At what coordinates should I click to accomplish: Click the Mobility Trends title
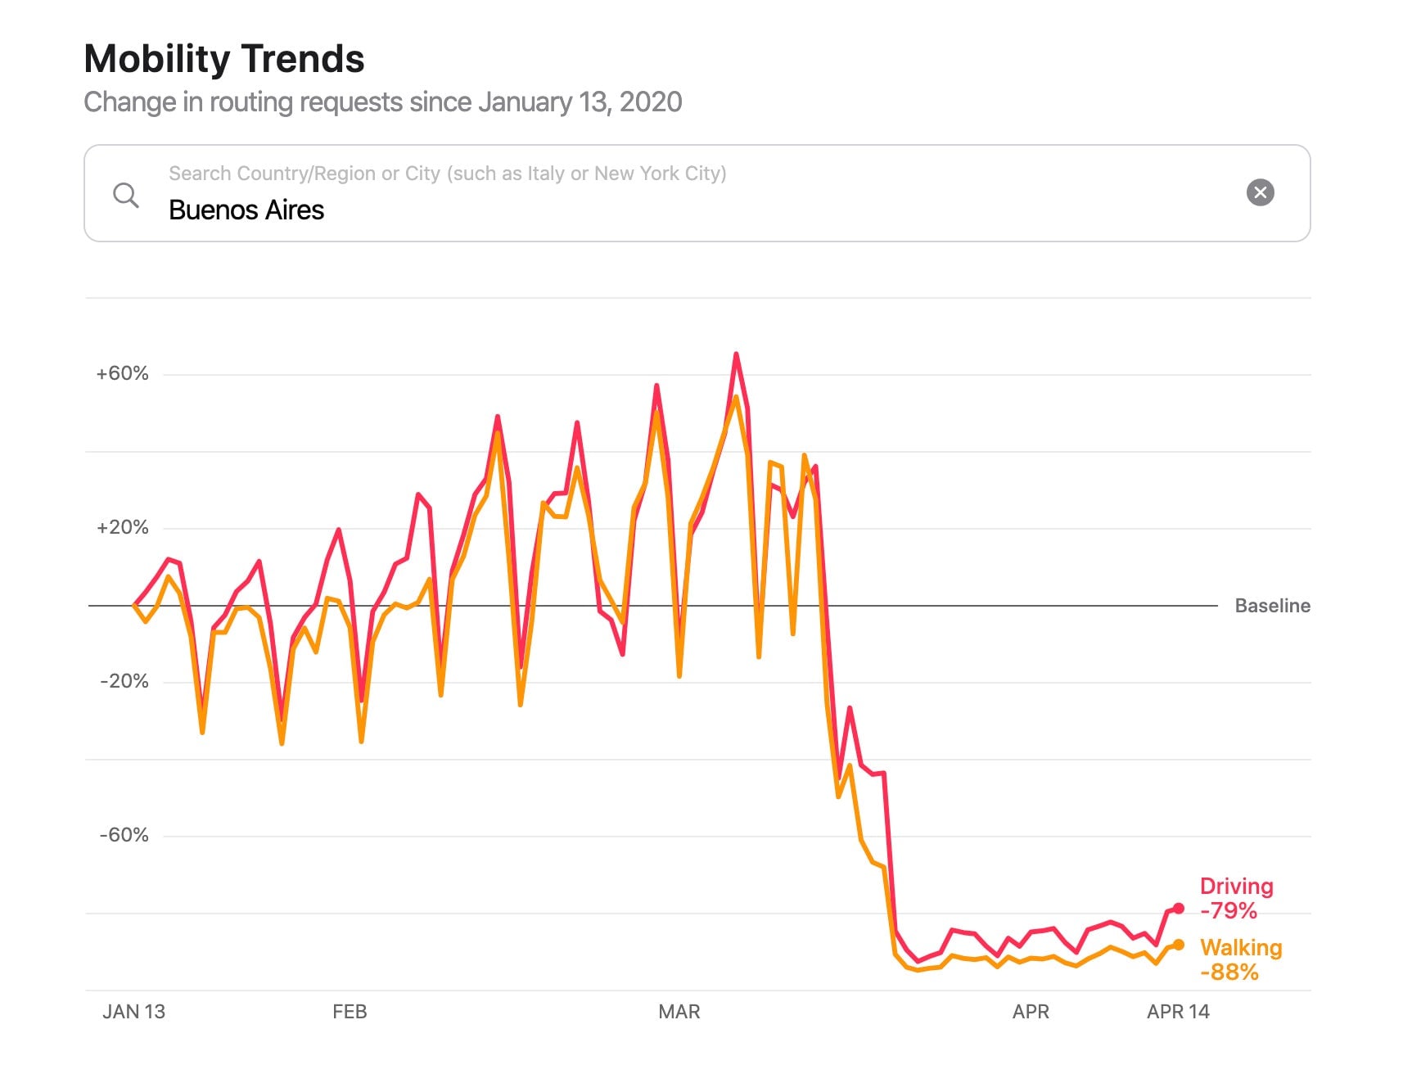click(224, 59)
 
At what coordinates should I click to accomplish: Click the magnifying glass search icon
click(125, 195)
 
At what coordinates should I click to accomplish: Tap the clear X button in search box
click(1260, 192)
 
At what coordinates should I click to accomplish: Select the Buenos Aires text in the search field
click(246, 210)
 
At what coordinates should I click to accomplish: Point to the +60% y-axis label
click(123, 373)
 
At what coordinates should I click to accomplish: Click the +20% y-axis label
click(123, 527)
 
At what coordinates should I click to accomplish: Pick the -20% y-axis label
click(124, 681)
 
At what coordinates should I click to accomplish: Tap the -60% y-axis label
click(124, 835)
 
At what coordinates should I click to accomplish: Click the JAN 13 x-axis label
click(133, 1012)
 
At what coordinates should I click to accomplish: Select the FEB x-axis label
click(350, 1012)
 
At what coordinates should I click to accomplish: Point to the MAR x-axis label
click(679, 1012)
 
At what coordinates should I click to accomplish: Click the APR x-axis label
click(1031, 1012)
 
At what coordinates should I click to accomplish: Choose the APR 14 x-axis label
click(1178, 1012)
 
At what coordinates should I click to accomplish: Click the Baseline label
click(1272, 606)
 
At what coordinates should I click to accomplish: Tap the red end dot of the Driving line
click(1179, 908)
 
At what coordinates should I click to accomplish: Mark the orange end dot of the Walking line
click(1179, 945)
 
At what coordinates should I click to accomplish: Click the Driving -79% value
click(1229, 910)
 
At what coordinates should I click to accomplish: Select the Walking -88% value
click(1229, 972)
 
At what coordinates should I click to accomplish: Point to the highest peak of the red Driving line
click(736, 354)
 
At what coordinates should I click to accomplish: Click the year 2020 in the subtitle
click(651, 102)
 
